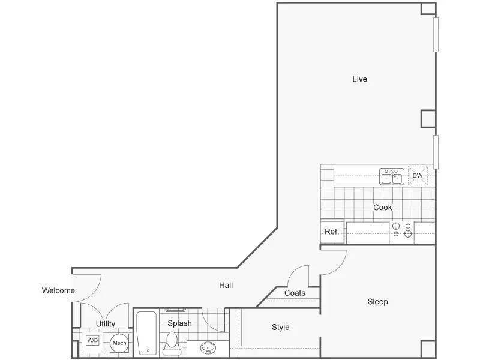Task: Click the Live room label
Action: pos(359,79)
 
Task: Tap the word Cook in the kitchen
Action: pos(382,208)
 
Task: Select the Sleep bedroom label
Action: pos(378,302)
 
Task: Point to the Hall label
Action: pos(226,286)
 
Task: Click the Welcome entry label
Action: pos(58,290)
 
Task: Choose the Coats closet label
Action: pos(295,293)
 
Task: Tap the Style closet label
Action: pos(280,327)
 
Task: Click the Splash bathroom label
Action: pos(179,323)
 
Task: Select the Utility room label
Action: pos(106,324)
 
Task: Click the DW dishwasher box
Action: pos(418,175)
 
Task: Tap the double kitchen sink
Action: pos(392,176)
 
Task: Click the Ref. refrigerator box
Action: pos(332,232)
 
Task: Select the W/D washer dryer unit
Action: pos(92,343)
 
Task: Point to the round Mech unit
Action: pos(119,343)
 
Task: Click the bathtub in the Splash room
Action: pos(146,333)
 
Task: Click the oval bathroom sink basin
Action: pos(208,348)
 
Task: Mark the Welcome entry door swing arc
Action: pos(94,292)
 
